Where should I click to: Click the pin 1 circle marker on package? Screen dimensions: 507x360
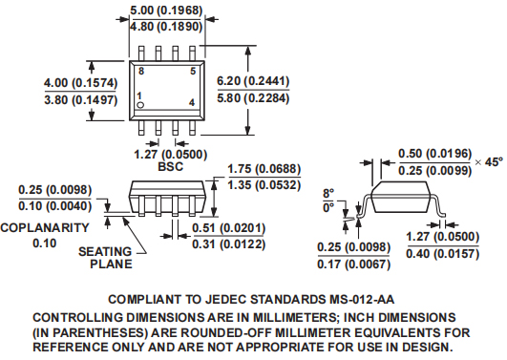click(x=140, y=105)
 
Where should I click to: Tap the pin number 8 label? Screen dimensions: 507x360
click(x=141, y=71)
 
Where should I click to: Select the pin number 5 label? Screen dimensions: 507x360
click(x=193, y=71)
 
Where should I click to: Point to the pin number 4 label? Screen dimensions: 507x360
click(x=192, y=102)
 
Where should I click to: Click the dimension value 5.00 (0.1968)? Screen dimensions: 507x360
click(x=166, y=11)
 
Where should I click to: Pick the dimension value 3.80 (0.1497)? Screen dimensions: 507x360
click(x=81, y=99)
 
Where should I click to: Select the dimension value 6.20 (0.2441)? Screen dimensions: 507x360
click(x=253, y=81)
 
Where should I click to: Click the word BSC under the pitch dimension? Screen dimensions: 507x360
click(x=170, y=166)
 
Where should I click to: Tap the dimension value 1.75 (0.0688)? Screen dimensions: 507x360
click(x=264, y=169)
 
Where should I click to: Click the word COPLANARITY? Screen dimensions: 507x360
click(x=45, y=227)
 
